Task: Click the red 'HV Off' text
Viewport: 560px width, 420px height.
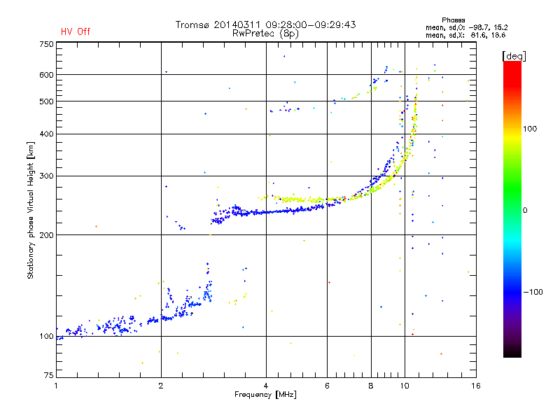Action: click(76, 31)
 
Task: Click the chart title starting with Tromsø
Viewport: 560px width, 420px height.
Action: click(265, 24)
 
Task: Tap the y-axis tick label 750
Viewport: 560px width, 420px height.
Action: click(46, 44)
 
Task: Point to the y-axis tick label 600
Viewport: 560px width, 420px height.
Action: click(46, 75)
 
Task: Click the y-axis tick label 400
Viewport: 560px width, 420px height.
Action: click(46, 134)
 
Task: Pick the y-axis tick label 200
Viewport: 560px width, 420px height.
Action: click(46, 235)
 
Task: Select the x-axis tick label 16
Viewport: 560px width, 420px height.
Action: click(475, 386)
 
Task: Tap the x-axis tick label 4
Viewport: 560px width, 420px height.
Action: click(266, 386)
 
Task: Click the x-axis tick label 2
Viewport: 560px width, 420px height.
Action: click(161, 386)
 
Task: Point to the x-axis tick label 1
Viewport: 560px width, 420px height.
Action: click(56, 386)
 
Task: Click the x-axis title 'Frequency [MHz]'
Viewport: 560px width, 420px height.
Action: click(265, 395)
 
